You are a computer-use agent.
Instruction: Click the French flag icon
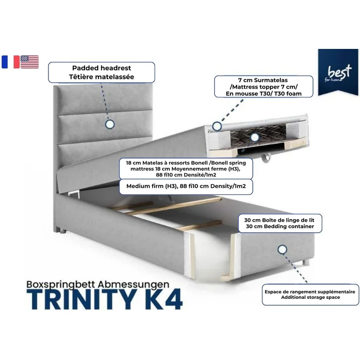(x=10, y=62)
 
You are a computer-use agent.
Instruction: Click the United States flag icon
(x=30, y=62)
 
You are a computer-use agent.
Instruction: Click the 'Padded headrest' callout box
(x=101, y=72)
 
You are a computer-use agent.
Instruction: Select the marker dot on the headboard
(x=110, y=125)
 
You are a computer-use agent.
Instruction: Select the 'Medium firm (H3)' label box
(x=186, y=186)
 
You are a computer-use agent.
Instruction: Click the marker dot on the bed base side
(x=282, y=249)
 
